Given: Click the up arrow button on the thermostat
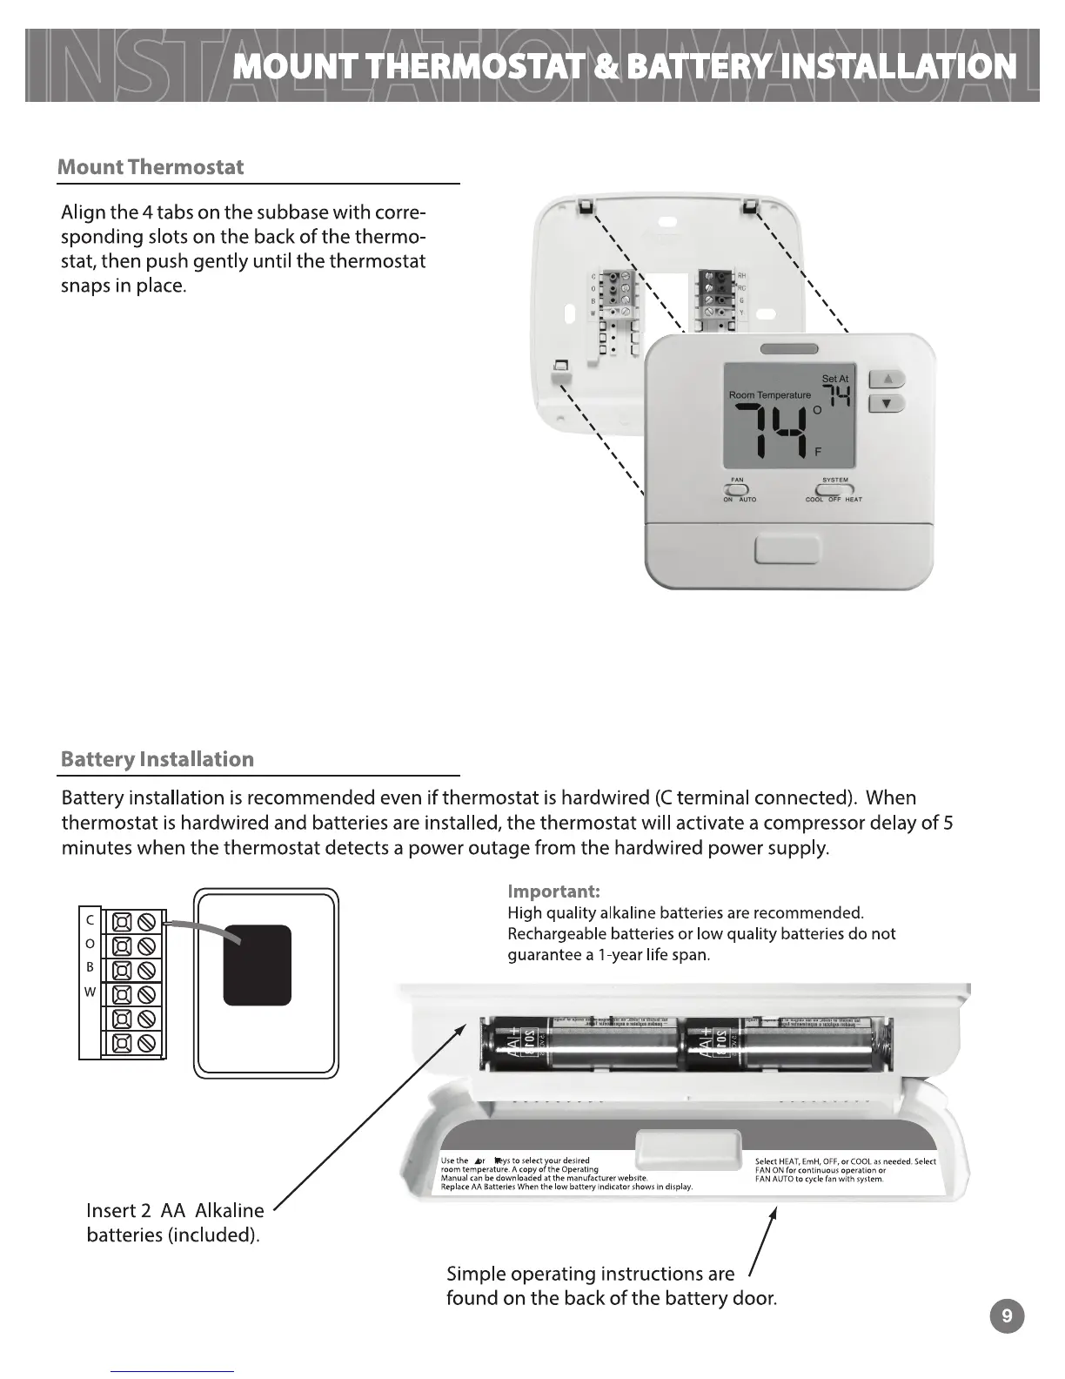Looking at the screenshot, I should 887,380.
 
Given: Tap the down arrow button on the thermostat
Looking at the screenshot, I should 887,404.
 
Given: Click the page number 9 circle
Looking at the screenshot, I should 1007,1315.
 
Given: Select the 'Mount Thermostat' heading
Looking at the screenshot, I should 151,167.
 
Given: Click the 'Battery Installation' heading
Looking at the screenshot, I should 157,759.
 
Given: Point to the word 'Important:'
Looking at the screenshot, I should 553,891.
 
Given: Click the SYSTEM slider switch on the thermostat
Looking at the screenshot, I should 834,489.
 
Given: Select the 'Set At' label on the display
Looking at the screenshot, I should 834,379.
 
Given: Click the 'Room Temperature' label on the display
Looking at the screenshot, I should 769,395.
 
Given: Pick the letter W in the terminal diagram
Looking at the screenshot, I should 90,992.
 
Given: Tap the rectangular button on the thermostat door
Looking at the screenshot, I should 786,550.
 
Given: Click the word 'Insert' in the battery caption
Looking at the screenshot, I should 111,1210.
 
